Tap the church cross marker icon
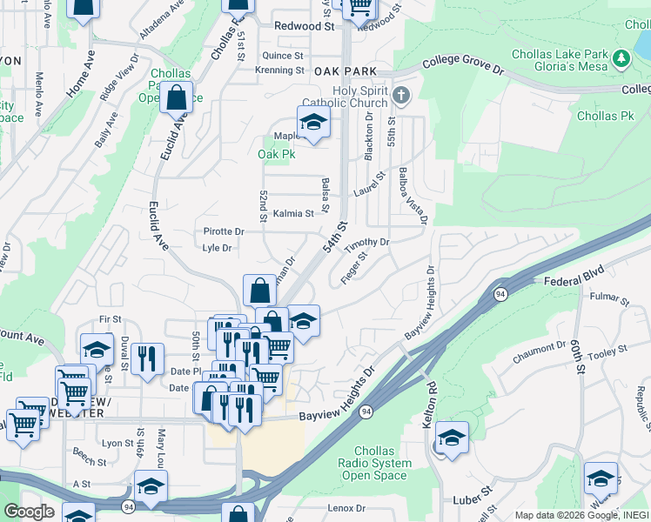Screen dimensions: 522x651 pos(399,94)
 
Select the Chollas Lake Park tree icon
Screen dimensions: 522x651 pos(621,58)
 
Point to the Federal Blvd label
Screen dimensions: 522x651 pos(573,282)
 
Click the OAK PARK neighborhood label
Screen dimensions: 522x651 pos(346,70)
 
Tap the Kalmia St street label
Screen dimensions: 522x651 pos(293,213)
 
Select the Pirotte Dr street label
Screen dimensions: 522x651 pos(224,231)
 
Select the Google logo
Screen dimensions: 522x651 pos(29,512)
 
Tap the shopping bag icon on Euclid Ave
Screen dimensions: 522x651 pos(176,98)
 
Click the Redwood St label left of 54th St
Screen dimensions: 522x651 pos(304,26)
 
